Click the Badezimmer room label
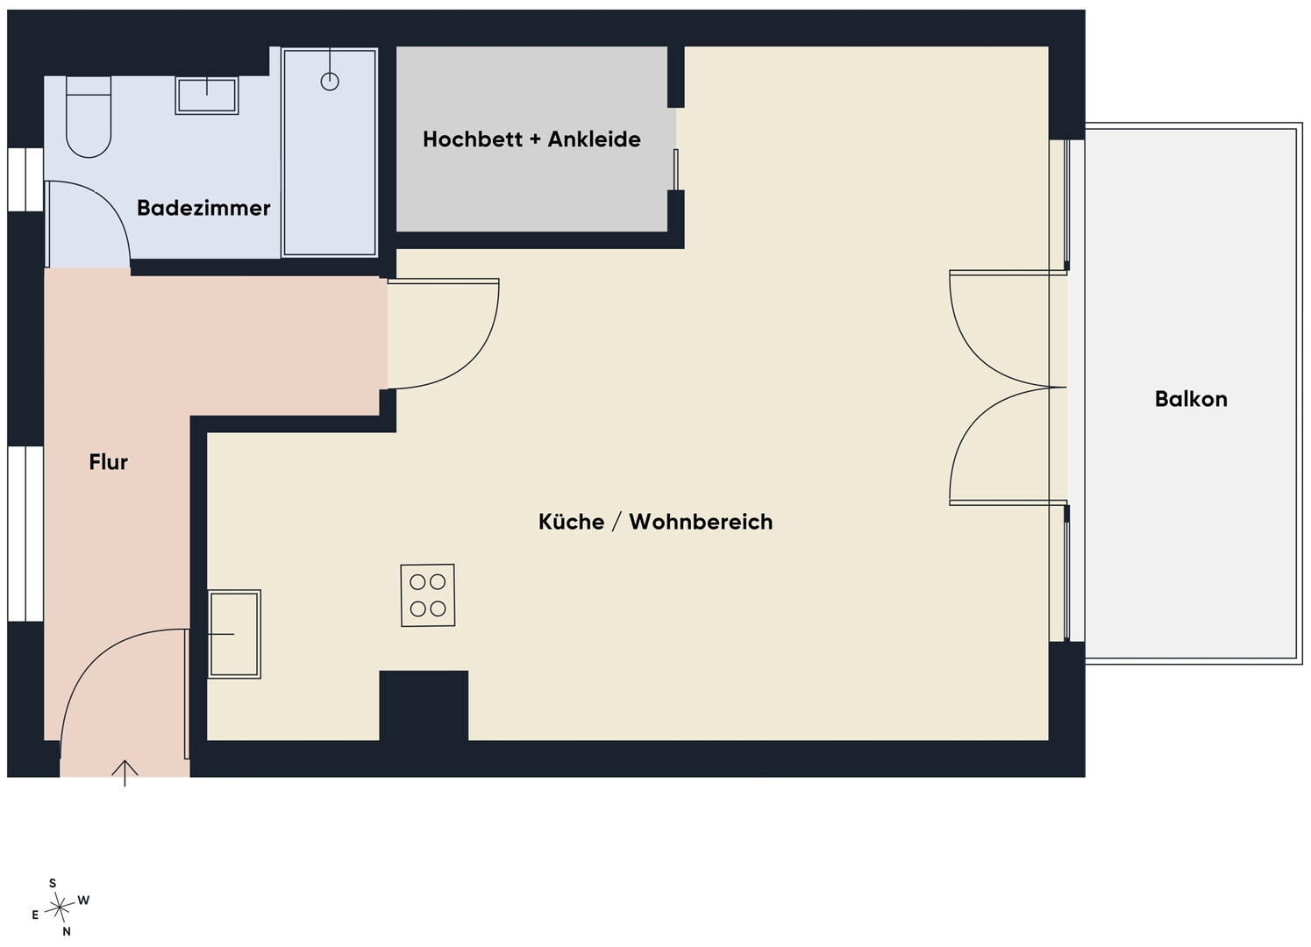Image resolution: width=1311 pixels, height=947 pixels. coord(203,208)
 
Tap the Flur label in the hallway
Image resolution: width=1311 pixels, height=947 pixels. coord(108,462)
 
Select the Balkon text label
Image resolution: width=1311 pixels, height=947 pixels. coord(1191,399)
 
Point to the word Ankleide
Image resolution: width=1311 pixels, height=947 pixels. coord(594,139)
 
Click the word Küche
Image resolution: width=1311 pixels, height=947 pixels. coord(571,522)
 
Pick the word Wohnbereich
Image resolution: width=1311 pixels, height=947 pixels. coord(702,522)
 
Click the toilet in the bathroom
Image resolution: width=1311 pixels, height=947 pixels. coord(89,117)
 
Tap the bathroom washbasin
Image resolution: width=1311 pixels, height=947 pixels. coord(207,95)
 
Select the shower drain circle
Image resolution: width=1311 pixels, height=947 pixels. coord(330,82)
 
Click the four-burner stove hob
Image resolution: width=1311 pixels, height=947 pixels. coord(428,595)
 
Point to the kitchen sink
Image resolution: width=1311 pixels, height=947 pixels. coord(234,635)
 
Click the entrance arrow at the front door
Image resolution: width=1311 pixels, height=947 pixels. coord(125,773)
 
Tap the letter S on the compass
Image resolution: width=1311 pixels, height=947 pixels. coord(53,883)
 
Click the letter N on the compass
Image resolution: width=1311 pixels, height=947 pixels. coord(67,932)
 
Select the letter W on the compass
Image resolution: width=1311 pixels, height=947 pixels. coord(83,901)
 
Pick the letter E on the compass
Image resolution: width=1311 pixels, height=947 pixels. coord(35,915)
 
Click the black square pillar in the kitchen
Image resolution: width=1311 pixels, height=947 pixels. coord(424,705)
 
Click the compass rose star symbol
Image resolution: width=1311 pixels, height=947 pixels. coord(60,908)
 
